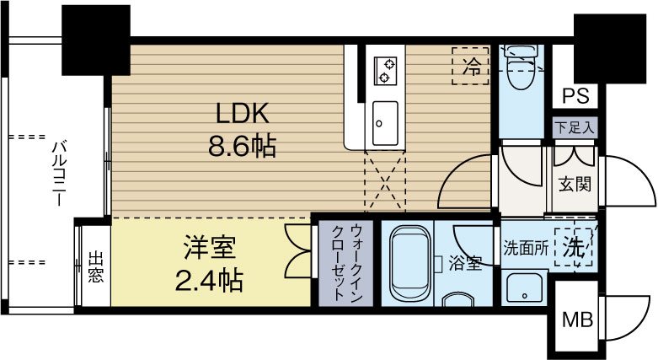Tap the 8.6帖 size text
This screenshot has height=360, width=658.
click(x=243, y=148)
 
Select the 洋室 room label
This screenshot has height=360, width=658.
click(x=211, y=249)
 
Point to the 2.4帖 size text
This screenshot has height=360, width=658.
click(x=211, y=279)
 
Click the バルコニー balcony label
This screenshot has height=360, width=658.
click(x=60, y=174)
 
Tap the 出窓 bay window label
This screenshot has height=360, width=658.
click(x=96, y=266)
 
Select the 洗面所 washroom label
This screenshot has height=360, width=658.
click(x=527, y=249)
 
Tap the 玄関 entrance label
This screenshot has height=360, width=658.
click(x=575, y=184)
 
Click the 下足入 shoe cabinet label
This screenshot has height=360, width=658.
click(x=575, y=128)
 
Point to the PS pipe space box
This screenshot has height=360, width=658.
click(x=575, y=94)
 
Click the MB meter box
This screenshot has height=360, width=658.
click(x=577, y=320)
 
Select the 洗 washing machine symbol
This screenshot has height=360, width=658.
click(x=575, y=248)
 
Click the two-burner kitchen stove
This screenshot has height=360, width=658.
click(x=387, y=70)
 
